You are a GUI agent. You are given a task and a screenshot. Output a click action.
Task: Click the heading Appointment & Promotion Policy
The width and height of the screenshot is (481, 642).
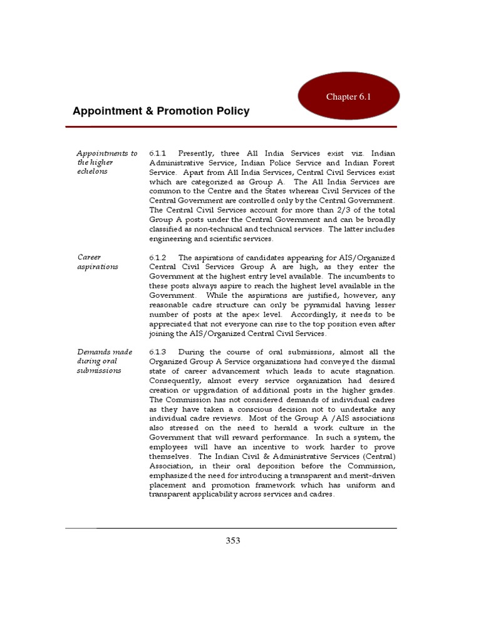[161, 111]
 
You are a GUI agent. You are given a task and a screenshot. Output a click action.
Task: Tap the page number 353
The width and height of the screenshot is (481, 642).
[233, 540]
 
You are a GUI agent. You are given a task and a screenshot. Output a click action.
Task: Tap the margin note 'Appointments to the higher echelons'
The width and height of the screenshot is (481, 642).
[106, 162]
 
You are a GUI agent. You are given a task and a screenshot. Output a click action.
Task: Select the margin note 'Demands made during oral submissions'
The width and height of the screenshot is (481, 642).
[105, 361]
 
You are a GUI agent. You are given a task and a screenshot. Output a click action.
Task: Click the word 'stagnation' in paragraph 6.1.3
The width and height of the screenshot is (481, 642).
[374, 371]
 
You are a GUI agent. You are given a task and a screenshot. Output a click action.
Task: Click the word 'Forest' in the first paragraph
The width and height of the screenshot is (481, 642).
[383, 163]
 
